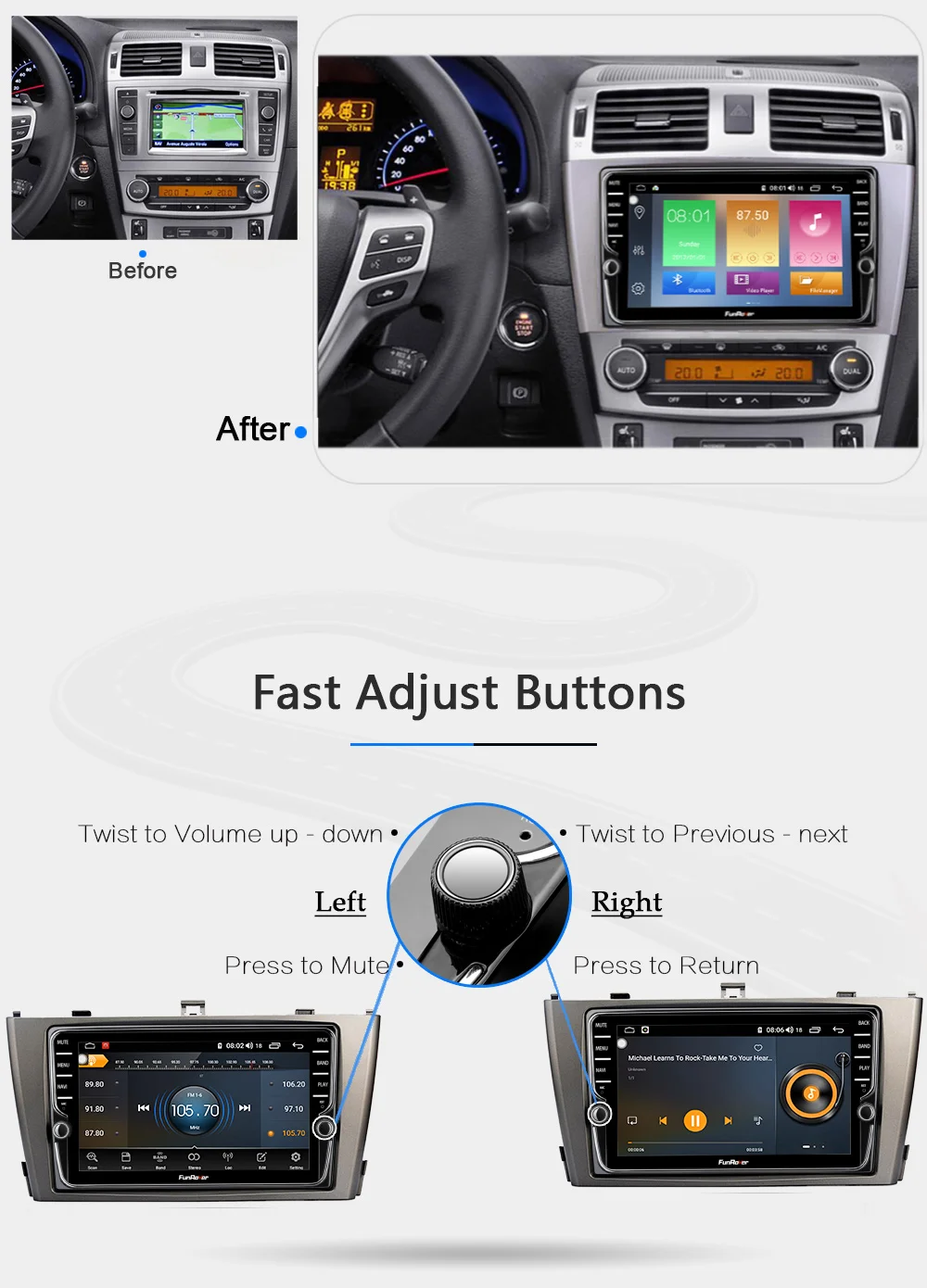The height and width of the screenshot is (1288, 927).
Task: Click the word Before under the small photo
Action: [x=142, y=271]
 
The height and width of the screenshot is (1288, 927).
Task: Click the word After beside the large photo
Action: [x=253, y=429]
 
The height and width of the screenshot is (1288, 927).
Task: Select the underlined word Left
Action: [x=340, y=902]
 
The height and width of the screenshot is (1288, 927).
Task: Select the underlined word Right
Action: [x=627, y=903]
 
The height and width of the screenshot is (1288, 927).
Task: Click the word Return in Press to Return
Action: [x=716, y=966]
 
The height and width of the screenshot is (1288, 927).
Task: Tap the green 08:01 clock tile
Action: [x=689, y=232]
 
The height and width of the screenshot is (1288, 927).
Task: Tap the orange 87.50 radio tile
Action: [x=752, y=232]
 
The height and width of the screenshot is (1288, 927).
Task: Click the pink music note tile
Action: [x=816, y=232]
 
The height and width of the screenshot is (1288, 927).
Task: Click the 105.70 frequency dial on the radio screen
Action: [x=195, y=1110]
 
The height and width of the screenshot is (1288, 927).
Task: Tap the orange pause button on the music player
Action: [x=694, y=1121]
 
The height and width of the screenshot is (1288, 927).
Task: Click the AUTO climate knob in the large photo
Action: [x=628, y=369]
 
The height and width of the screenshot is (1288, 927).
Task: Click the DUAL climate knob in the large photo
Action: [x=850, y=370]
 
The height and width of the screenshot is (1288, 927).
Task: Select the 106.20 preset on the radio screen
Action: [x=293, y=1084]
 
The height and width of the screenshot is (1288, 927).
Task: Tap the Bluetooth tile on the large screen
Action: [x=688, y=282]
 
